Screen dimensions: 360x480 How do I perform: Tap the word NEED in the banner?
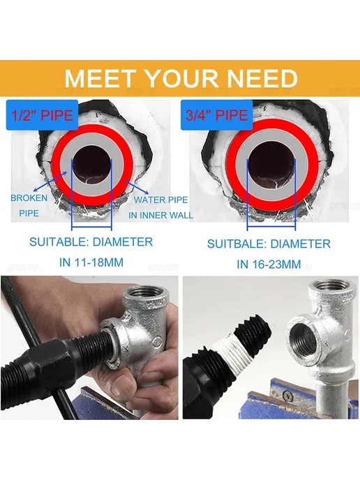click(262, 79)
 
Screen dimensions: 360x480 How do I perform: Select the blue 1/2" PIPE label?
click(43, 115)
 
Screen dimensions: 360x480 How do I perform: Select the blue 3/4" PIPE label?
click(217, 115)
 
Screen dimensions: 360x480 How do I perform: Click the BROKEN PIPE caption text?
click(29, 205)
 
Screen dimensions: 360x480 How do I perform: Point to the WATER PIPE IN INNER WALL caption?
click(160, 207)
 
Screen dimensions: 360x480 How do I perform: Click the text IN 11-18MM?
click(91, 262)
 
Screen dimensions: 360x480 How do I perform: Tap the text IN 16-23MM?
click(269, 264)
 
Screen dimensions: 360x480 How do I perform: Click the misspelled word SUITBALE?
click(237, 244)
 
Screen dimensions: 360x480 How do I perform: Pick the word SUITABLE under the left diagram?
click(59, 242)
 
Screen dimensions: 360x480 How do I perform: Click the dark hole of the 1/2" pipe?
click(91, 165)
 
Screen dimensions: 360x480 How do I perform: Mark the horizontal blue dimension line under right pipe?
click(271, 227)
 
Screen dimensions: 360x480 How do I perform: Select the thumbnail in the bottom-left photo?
click(123, 390)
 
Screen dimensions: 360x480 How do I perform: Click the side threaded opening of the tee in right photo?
click(303, 340)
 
